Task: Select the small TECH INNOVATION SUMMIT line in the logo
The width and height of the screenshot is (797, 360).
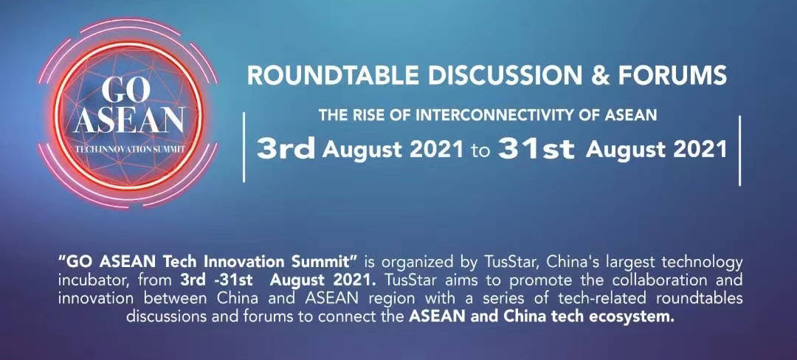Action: tap(130, 150)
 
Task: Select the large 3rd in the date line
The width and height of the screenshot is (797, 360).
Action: tap(286, 149)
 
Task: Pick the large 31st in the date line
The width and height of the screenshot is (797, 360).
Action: tap(536, 149)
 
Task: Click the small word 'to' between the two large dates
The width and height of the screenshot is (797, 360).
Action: tap(480, 150)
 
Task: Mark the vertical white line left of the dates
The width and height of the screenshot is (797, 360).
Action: tap(244, 148)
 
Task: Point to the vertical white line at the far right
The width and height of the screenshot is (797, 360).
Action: tap(739, 150)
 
